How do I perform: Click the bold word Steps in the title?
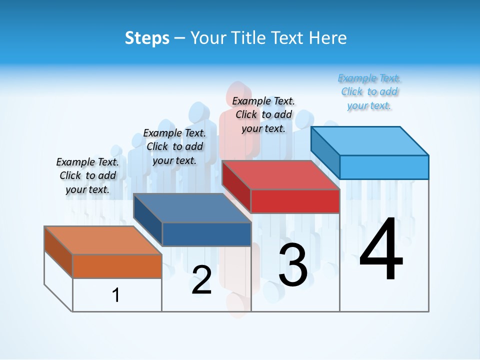(147, 38)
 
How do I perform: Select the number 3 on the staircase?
(293, 265)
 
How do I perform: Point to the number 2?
(201, 280)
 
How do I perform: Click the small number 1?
(116, 295)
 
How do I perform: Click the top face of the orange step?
(102, 240)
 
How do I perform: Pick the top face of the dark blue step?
(192, 208)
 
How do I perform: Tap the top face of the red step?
(280, 175)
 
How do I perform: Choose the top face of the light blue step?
(369, 141)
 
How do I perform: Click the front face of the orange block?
(117, 266)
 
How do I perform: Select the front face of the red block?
(295, 201)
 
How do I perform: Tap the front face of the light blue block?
(384, 167)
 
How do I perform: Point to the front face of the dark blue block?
(206, 234)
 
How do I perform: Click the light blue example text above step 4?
(369, 92)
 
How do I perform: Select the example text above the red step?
(263, 114)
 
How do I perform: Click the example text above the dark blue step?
(174, 146)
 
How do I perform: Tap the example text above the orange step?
(87, 175)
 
